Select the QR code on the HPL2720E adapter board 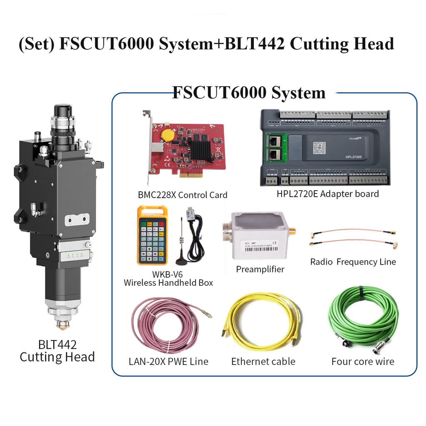pos(319,148)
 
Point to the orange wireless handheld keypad pos(152,235)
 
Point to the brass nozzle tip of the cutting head pos(63,325)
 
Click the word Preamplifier pos(260,269)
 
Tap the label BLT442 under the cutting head pos(57,345)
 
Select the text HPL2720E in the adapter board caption pos(297,194)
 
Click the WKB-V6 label pos(167,274)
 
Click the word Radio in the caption pos(322,262)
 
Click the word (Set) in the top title pos(37,44)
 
